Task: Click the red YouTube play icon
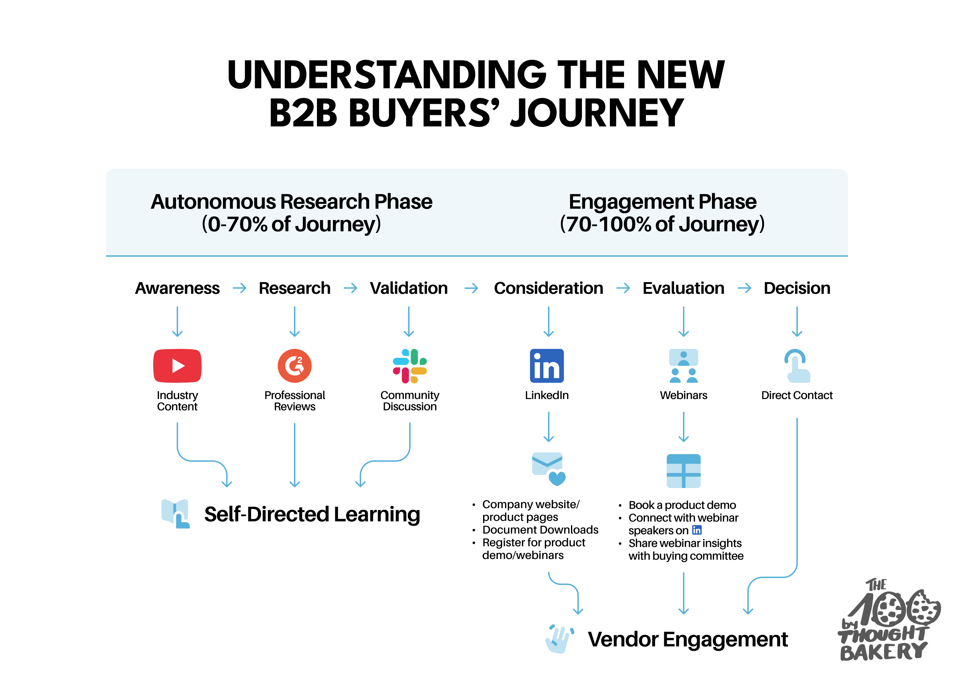(x=177, y=366)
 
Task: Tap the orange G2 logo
(x=294, y=366)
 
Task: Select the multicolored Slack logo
(x=410, y=366)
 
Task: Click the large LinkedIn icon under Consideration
(x=547, y=366)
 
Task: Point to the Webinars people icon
(x=684, y=366)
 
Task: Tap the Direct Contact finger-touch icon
(x=797, y=366)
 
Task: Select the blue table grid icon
(x=684, y=471)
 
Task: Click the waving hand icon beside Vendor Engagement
(x=559, y=638)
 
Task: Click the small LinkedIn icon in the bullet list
(x=696, y=530)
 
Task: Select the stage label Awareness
(x=177, y=288)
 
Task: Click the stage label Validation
(x=409, y=288)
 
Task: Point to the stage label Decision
(x=797, y=288)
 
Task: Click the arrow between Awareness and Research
(x=239, y=288)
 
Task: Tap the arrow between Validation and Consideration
(x=471, y=288)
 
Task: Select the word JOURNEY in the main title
(x=597, y=113)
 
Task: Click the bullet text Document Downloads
(x=540, y=530)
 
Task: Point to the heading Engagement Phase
(x=662, y=201)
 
